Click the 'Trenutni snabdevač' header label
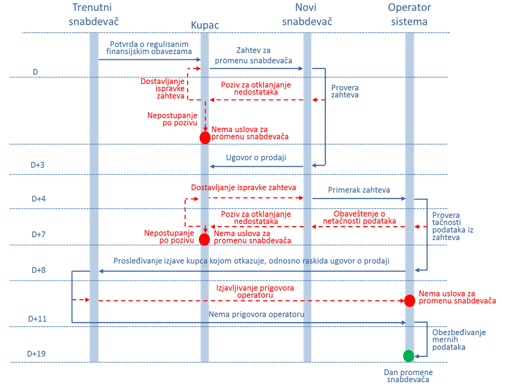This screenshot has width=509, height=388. (x=96, y=14)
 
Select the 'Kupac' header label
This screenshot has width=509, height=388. (x=205, y=25)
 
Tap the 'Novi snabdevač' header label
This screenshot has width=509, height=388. (x=307, y=14)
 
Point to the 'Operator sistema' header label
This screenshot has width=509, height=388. (x=409, y=14)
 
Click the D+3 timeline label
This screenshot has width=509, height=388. (x=38, y=165)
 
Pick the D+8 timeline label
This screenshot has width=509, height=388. (x=38, y=270)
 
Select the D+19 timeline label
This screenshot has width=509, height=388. (x=36, y=354)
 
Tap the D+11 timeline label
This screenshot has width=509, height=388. (x=37, y=319)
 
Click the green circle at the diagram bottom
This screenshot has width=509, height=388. (x=409, y=356)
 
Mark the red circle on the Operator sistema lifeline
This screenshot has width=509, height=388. (x=410, y=301)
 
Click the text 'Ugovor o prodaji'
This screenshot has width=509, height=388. (x=256, y=157)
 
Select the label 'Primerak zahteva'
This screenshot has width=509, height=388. (x=359, y=190)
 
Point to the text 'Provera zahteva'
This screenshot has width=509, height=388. (x=345, y=90)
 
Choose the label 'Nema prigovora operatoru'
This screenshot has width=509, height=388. (x=257, y=315)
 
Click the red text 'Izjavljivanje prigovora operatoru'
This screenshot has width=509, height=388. (x=255, y=292)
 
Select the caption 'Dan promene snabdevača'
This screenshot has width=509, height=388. (x=408, y=376)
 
